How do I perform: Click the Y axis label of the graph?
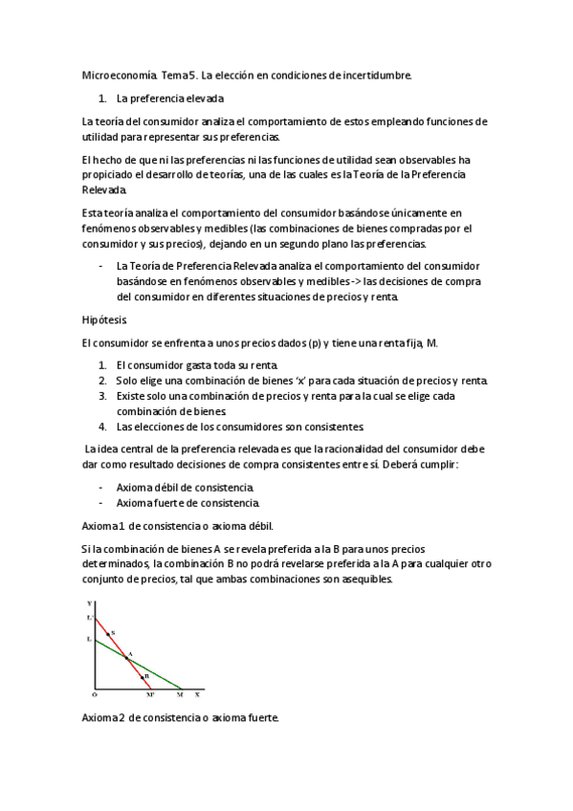[89, 604]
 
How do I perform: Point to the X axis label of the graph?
[197, 694]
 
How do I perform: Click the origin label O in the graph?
[94, 695]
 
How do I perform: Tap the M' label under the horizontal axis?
[150, 695]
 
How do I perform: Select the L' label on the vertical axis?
[89, 619]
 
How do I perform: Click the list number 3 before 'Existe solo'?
[101, 395]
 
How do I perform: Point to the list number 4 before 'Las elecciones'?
[101, 426]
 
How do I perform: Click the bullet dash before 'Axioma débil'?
[100, 487]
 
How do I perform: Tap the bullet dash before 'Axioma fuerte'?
[100, 502]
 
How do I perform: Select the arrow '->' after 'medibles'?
[350, 281]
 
